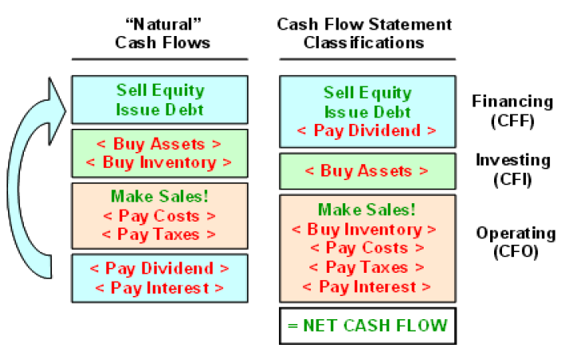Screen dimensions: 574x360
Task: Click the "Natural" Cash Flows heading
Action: pyautogui.click(x=160, y=33)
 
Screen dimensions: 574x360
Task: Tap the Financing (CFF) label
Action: pyautogui.click(x=512, y=110)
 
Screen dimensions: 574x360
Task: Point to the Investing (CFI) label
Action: pyautogui.click(x=512, y=169)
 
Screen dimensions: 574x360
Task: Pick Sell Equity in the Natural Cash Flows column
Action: pyautogui.click(x=160, y=90)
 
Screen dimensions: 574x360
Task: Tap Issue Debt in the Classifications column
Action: pyautogui.click(x=367, y=112)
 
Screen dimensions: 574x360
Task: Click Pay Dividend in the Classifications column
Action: pyautogui.click(x=367, y=130)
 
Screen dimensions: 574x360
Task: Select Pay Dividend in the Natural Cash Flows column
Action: pyautogui.click(x=159, y=269)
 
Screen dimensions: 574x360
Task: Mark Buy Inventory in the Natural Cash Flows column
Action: pyautogui.click(x=159, y=162)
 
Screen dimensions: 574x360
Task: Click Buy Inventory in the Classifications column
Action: pyautogui.click(x=367, y=229)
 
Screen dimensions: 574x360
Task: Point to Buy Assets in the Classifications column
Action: pyautogui.click(x=367, y=170)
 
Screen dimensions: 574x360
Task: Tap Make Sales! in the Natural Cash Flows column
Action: pyautogui.click(x=159, y=196)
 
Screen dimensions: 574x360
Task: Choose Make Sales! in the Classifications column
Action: pyautogui.click(x=367, y=210)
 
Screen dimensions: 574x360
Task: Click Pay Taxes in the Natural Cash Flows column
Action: pyautogui.click(x=159, y=234)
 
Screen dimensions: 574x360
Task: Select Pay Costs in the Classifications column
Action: pyautogui.click(x=367, y=248)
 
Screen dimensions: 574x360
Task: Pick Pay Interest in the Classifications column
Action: pyautogui.click(x=367, y=286)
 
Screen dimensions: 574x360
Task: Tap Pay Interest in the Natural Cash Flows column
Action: pyautogui.click(x=159, y=288)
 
